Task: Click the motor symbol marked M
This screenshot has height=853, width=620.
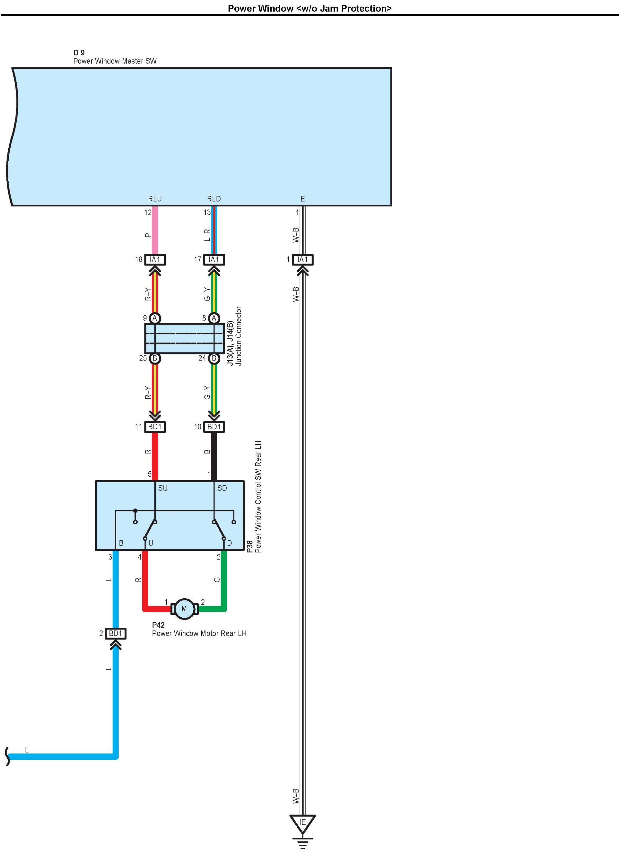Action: click(184, 608)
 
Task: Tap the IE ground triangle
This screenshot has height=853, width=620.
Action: click(302, 823)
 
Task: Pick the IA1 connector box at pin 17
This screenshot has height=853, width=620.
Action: click(214, 259)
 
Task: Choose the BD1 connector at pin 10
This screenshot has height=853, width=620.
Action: click(214, 427)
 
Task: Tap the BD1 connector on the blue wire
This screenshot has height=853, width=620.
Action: click(115, 634)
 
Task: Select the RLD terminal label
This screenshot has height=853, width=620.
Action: click(214, 199)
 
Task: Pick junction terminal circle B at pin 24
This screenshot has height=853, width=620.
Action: click(214, 358)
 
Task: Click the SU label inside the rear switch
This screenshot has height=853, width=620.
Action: click(163, 488)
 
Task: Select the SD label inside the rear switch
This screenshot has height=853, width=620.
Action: click(222, 488)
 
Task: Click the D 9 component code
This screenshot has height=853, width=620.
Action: click(79, 53)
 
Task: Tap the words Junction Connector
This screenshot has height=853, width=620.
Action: click(239, 336)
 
